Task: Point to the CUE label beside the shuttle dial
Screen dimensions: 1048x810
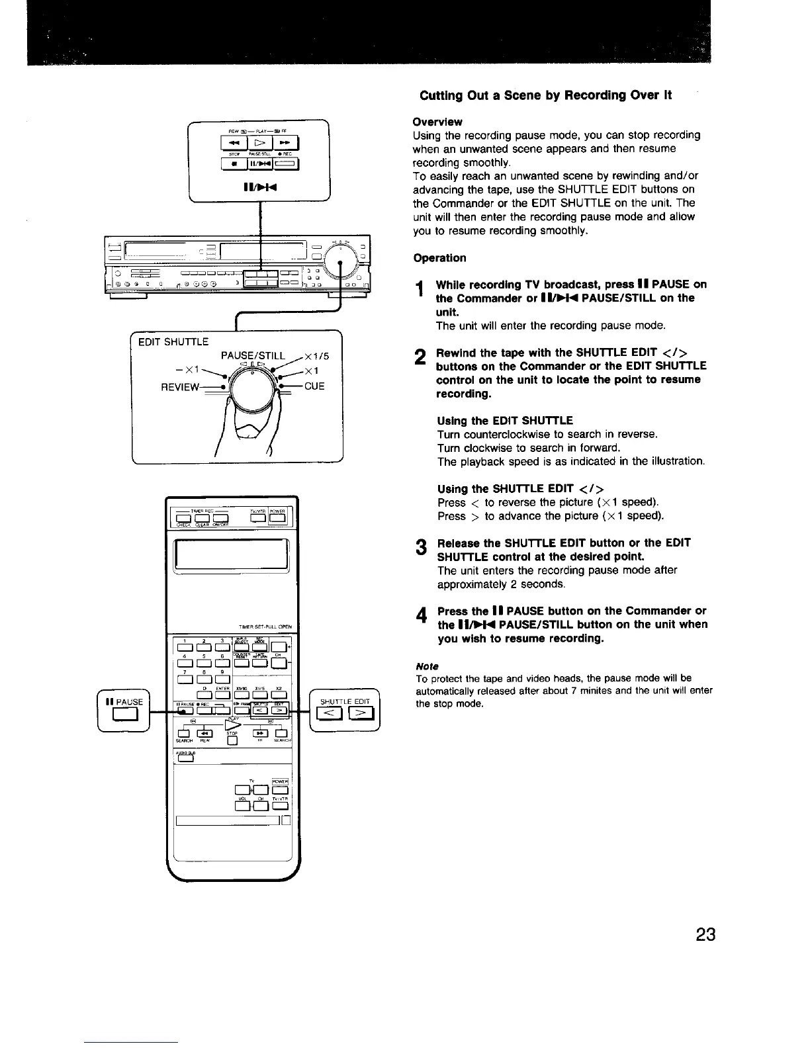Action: [x=314, y=386]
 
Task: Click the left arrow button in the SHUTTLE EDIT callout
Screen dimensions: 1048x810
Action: [x=330, y=713]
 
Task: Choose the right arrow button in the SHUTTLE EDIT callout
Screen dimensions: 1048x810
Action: [x=361, y=713]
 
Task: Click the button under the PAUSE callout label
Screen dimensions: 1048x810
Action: [x=124, y=713]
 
